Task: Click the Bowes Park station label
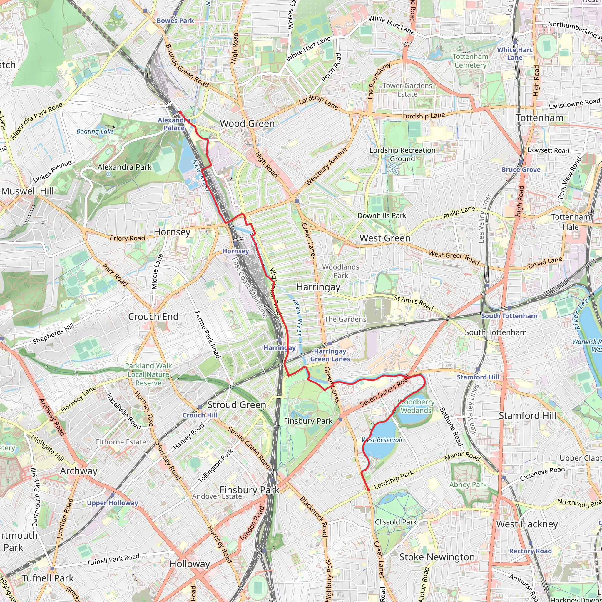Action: coord(175,21)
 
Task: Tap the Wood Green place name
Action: coord(247,123)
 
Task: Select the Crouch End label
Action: coord(153,317)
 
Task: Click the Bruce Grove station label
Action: coord(521,170)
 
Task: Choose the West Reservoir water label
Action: coord(382,440)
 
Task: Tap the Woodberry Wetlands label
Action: coord(416,406)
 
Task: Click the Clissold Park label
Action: coord(396,522)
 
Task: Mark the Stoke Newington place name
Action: coord(437,557)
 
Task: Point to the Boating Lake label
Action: coord(95,131)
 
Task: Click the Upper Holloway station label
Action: coord(112,503)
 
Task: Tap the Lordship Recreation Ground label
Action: coord(402,155)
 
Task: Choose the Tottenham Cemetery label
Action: coord(470,61)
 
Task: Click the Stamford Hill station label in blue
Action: coord(478,377)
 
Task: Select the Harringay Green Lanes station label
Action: coord(330,355)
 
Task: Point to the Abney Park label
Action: coord(468,484)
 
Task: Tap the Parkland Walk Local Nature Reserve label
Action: coord(148,374)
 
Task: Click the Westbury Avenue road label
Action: coord(326,167)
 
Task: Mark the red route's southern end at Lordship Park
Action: coord(369,490)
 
